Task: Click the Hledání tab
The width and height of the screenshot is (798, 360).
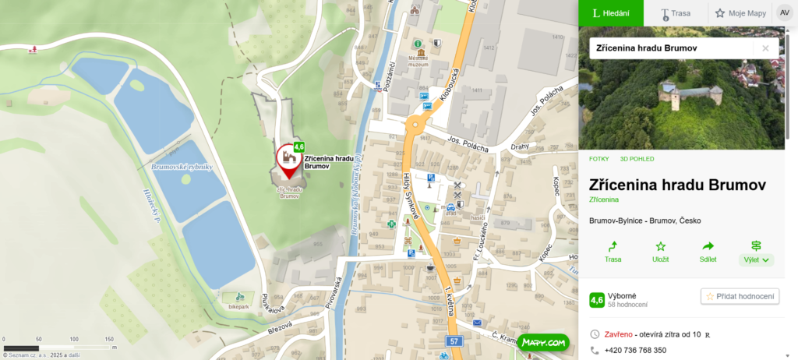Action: pos(610,13)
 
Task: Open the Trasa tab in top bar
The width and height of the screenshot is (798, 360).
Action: pos(676,13)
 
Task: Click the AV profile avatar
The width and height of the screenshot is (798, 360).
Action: pos(783,13)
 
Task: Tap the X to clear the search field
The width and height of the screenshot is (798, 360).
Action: pos(765,48)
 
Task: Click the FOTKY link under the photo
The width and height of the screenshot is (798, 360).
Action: pos(598,159)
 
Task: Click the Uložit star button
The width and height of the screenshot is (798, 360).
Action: pos(660,252)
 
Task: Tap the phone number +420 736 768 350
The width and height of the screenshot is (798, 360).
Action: pos(635,350)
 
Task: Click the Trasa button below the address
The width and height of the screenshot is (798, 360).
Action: pos(613,252)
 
